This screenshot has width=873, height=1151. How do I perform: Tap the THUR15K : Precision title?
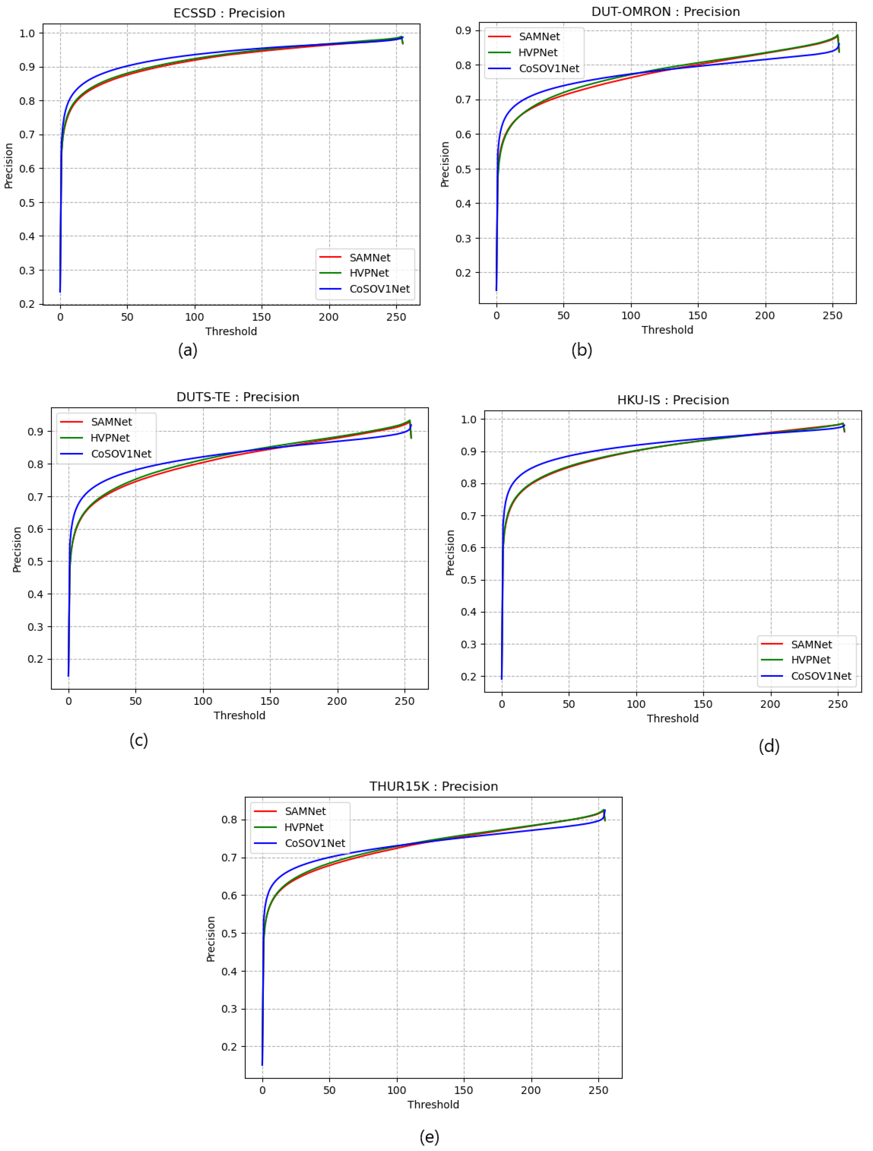(x=433, y=786)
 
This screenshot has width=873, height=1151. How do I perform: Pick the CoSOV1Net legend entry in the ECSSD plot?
(x=379, y=289)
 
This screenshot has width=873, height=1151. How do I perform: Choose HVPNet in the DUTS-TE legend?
(x=110, y=438)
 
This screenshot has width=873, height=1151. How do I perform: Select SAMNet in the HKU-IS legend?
(x=811, y=644)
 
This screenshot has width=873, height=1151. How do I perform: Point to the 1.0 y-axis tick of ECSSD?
(x=27, y=33)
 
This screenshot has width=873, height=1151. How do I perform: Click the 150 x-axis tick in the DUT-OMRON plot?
(x=698, y=315)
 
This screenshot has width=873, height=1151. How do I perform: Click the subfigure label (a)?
(x=188, y=350)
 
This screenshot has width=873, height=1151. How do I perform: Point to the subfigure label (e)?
(x=429, y=1137)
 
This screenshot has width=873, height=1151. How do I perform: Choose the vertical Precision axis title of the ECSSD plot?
(x=9, y=165)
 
